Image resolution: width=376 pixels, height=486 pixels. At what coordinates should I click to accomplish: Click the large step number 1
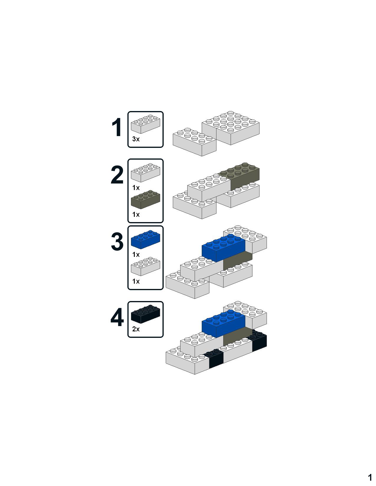117,127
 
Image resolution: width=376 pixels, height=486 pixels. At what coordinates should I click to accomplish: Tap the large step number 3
117,242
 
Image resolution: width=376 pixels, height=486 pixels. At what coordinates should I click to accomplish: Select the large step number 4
117,317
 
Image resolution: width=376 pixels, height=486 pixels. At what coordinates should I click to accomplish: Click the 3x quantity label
136,139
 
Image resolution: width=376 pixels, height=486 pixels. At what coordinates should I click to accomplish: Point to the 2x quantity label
136,329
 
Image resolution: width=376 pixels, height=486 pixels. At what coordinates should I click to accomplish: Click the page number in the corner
370,477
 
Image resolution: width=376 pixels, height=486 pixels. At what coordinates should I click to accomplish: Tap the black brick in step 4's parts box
146,314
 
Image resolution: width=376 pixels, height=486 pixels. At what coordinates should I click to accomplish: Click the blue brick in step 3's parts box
146,239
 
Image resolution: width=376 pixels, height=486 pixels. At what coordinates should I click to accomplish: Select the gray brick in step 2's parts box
146,199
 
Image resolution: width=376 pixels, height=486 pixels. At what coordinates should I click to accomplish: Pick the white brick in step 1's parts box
146,124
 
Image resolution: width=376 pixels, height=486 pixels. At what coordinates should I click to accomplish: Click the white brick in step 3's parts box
146,266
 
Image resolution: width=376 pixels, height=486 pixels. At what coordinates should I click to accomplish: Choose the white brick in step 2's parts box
146,173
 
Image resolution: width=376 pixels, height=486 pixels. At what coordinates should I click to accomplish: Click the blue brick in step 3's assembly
224,248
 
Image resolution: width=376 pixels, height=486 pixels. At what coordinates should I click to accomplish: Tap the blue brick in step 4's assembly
224,324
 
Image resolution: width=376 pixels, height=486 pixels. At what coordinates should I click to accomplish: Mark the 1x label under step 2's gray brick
136,214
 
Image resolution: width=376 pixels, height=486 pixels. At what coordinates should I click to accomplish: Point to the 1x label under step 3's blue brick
136,254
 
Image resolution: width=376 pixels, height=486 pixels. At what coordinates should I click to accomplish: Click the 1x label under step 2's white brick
136,188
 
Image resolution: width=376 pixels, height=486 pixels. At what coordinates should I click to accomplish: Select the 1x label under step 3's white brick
136,281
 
